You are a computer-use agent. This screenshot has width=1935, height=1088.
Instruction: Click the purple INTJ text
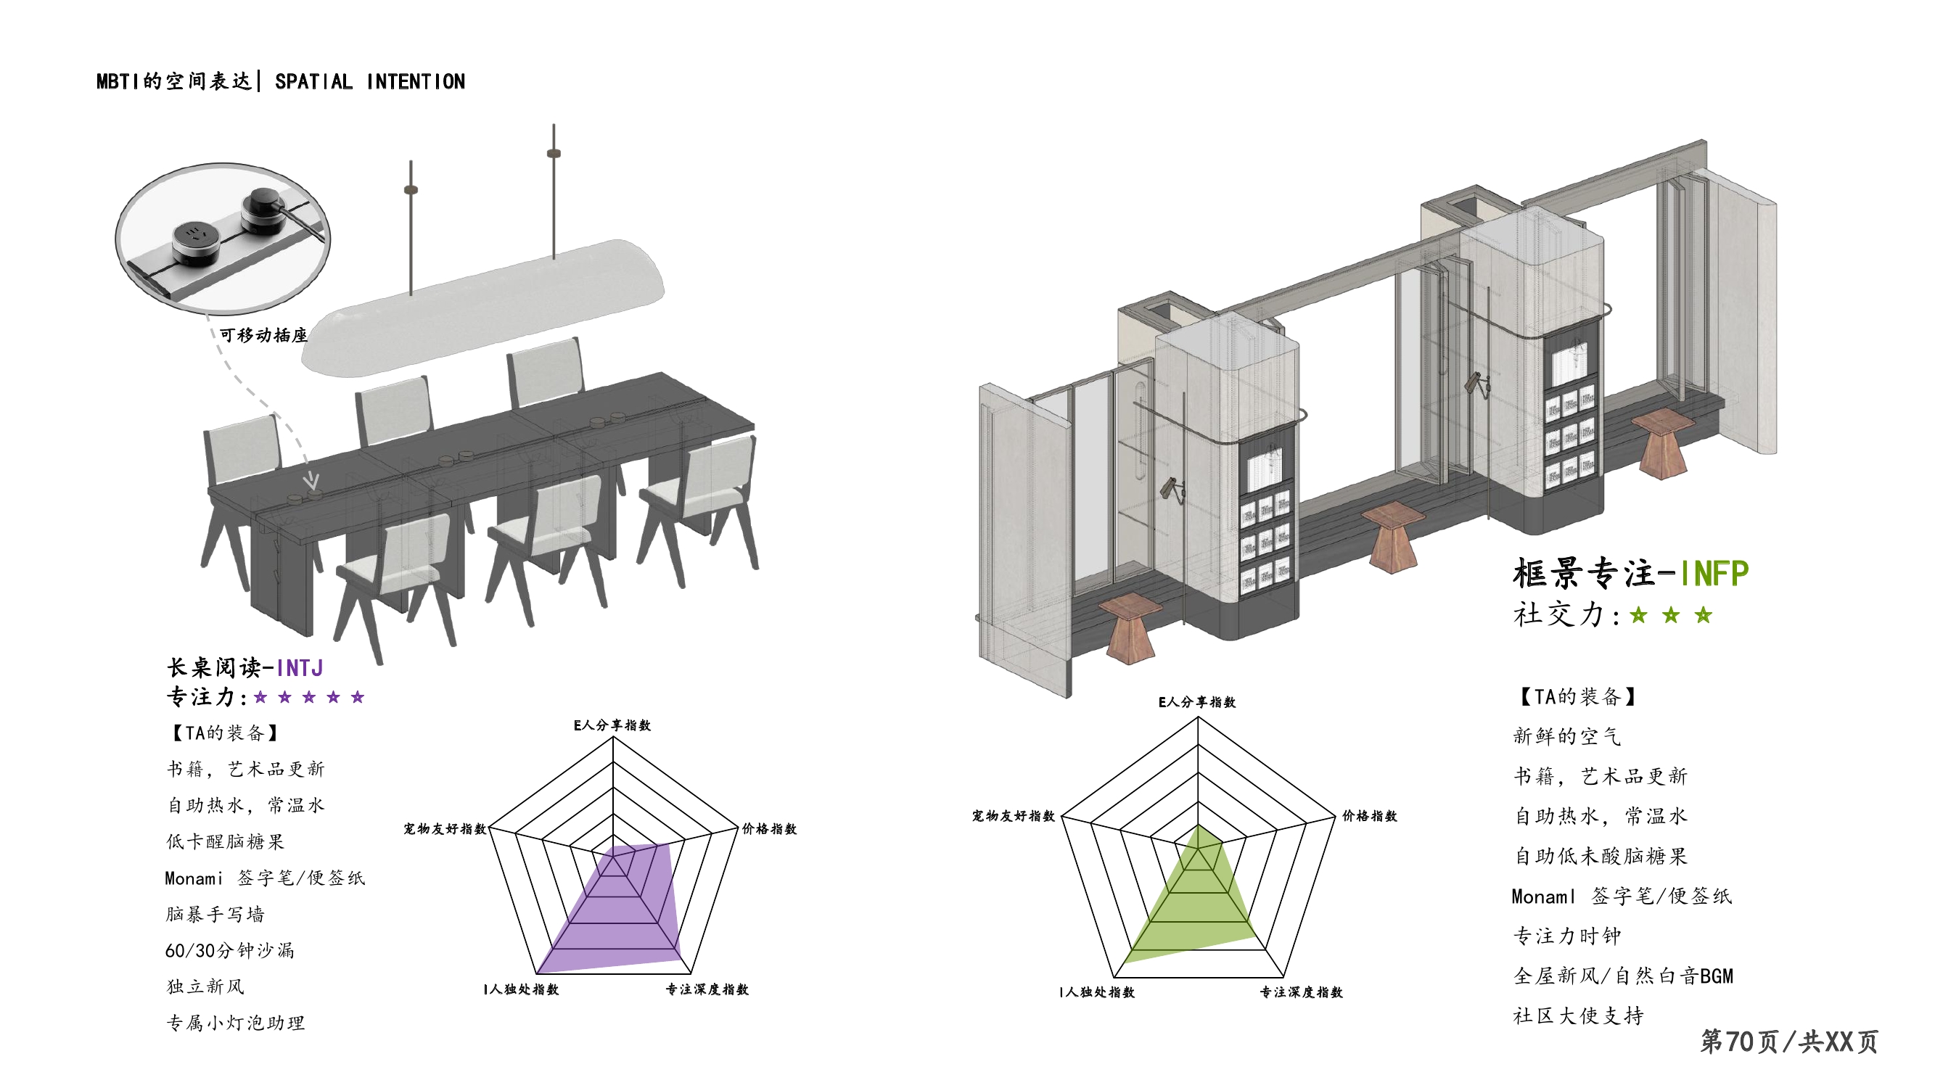[300, 667]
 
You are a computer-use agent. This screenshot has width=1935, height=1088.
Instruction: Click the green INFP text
[1714, 574]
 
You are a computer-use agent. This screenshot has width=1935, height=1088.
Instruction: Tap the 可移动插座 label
[263, 335]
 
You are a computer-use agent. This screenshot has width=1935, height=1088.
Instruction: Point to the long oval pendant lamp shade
[485, 308]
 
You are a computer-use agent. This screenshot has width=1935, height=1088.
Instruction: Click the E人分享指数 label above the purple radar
[612, 725]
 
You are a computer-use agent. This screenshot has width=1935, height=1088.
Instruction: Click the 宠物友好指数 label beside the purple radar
[445, 829]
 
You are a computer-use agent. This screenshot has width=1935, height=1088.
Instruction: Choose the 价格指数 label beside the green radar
[1369, 816]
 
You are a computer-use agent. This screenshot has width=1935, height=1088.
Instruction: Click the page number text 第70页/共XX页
[1789, 1042]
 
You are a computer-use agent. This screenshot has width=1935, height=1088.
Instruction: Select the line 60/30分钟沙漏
[230, 951]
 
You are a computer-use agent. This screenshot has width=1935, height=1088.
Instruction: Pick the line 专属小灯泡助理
[235, 1023]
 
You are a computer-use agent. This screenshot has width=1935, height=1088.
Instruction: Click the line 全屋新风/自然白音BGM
[1623, 976]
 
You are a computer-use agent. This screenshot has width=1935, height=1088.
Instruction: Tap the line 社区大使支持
[1578, 1016]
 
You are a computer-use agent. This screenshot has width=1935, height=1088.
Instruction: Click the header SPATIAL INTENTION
[369, 82]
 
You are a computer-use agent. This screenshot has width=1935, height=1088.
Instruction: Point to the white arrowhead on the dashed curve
[312, 481]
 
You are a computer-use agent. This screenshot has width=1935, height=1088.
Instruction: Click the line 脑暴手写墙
[215, 915]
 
